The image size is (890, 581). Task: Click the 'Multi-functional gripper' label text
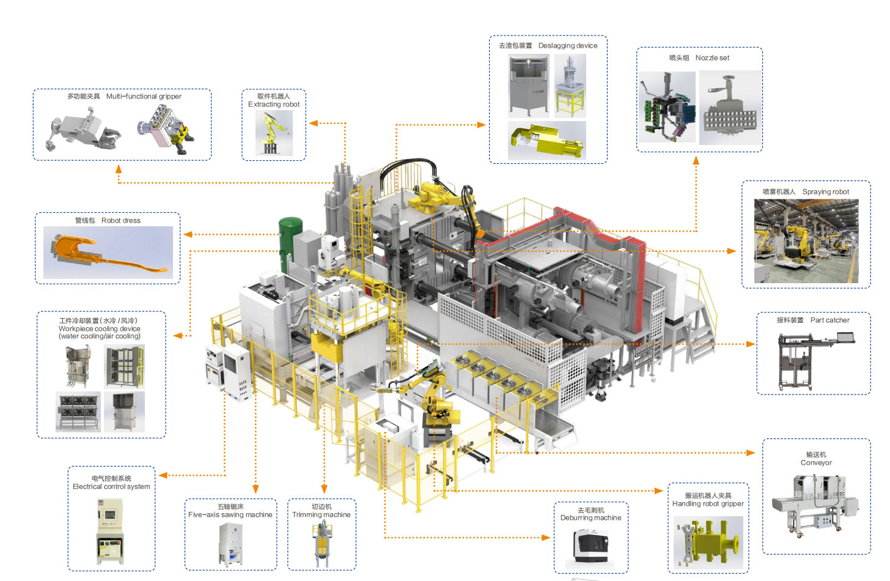click(x=144, y=96)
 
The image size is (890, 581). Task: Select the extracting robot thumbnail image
click(x=274, y=133)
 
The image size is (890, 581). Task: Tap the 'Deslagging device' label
click(x=568, y=45)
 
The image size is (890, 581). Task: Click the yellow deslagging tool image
click(x=547, y=141)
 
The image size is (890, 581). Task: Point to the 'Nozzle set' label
click(x=712, y=57)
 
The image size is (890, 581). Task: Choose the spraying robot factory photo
click(x=806, y=241)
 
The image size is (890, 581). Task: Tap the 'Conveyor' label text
click(x=816, y=463)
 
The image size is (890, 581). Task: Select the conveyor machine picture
click(x=815, y=505)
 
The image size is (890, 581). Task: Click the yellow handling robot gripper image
click(x=708, y=542)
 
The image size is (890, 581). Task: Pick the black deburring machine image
click(x=590, y=546)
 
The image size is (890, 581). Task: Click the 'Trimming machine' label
click(x=322, y=515)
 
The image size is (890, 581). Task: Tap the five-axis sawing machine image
click(x=231, y=543)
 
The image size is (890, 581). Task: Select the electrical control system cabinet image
click(x=110, y=530)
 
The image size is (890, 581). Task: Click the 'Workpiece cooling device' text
click(x=100, y=328)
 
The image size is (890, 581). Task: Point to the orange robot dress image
click(x=108, y=253)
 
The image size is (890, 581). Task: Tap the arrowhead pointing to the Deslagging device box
click(x=482, y=125)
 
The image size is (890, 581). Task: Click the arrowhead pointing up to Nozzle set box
click(x=696, y=161)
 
